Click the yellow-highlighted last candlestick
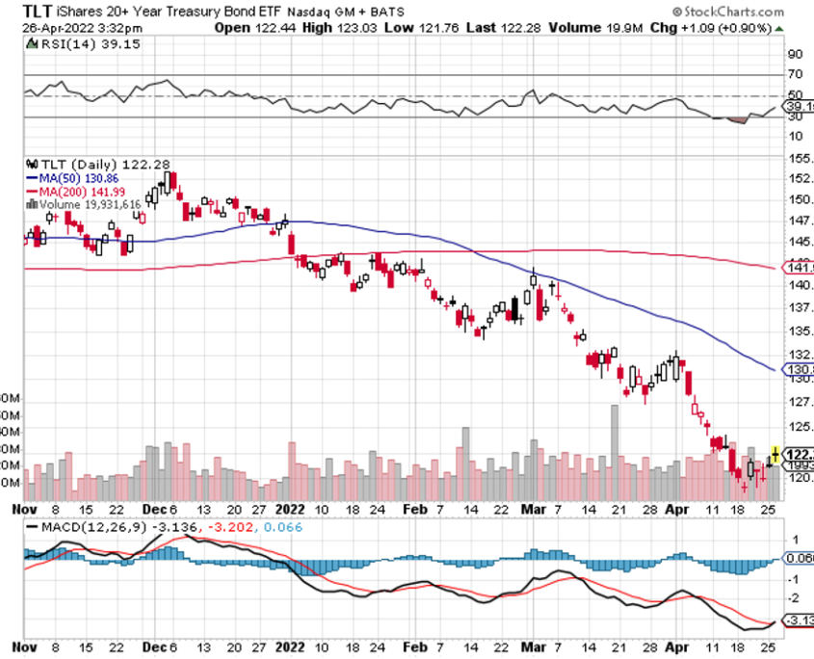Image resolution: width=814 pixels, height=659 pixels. coord(776,453)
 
